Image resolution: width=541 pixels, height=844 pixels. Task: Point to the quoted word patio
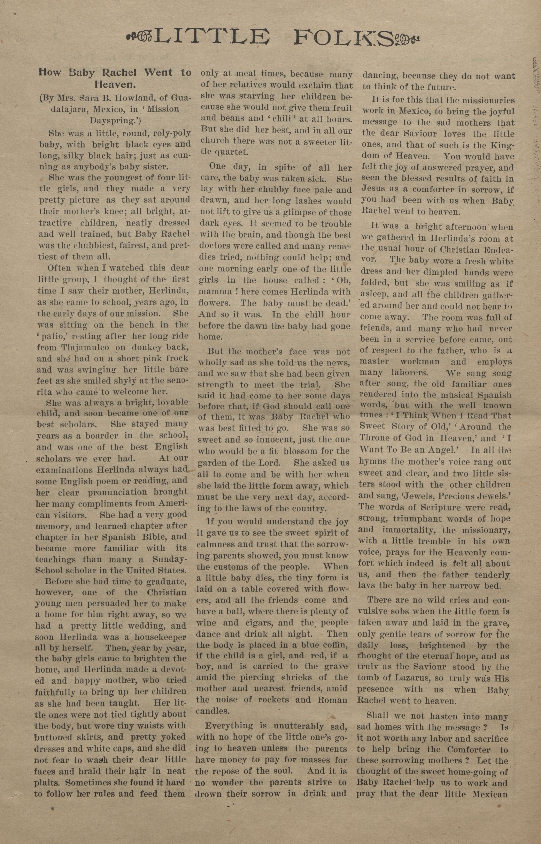click(x=53, y=336)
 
